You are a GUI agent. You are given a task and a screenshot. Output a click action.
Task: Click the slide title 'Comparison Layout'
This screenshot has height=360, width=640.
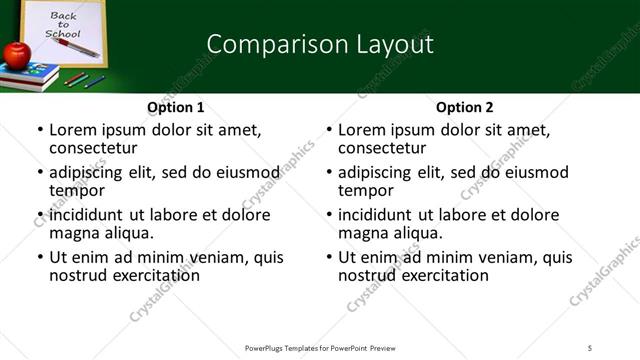tap(319, 44)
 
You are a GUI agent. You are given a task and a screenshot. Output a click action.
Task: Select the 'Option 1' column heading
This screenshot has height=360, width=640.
tap(175, 107)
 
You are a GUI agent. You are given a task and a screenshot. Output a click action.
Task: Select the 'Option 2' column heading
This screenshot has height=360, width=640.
tap(464, 107)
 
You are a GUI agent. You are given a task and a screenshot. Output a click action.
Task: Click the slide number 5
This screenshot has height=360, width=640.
tap(590, 347)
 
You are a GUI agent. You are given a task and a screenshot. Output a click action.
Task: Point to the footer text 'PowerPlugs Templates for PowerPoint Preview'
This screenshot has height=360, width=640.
tap(319, 347)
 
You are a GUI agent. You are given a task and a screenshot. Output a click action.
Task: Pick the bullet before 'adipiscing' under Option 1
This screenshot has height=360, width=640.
tap(39, 173)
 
